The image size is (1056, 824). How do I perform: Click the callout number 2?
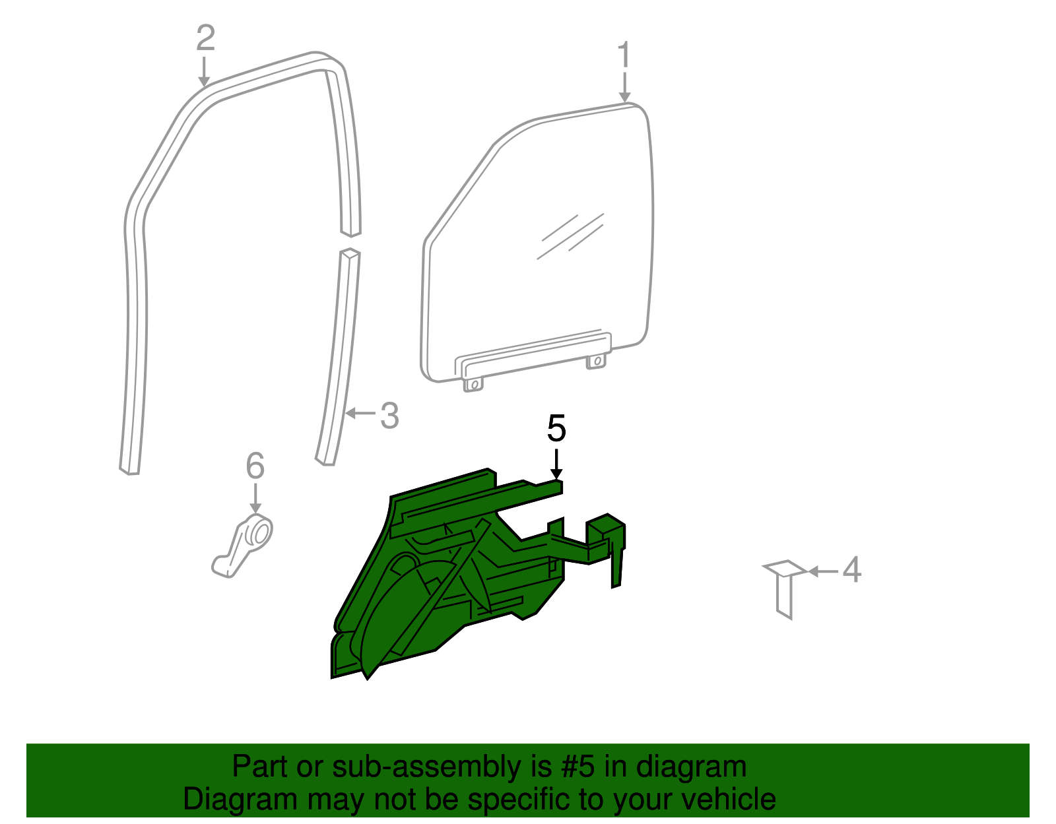(x=205, y=38)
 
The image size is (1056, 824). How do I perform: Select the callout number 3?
(x=389, y=416)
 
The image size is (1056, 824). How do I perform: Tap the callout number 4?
(x=851, y=569)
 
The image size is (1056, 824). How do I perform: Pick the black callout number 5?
(x=556, y=429)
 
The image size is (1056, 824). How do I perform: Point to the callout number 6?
(x=255, y=466)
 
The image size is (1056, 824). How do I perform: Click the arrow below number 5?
(x=556, y=464)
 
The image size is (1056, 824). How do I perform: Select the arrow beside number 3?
(x=360, y=414)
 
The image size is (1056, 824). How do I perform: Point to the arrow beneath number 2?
(x=205, y=72)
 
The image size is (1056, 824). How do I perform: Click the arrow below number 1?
(x=624, y=88)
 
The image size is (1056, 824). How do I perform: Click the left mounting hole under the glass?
(x=473, y=384)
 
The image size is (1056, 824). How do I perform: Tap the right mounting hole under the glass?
(x=597, y=361)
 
